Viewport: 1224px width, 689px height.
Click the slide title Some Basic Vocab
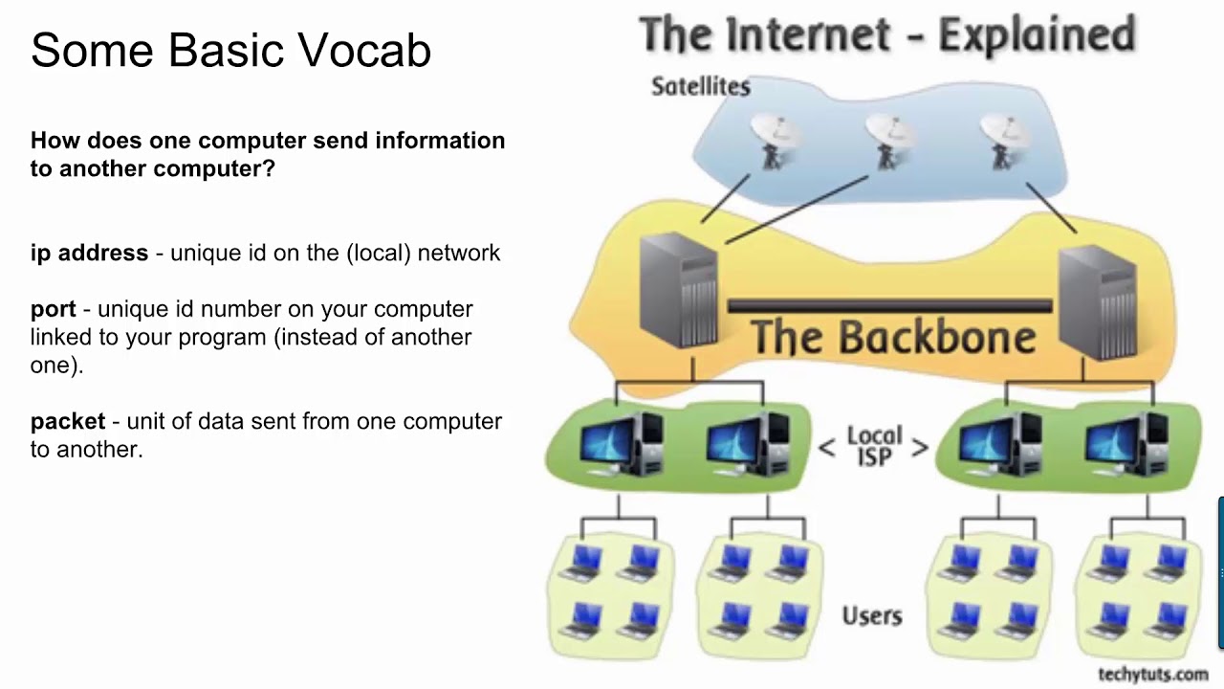click(x=230, y=51)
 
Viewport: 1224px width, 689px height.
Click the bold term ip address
click(x=89, y=253)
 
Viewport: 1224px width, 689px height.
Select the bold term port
click(x=53, y=309)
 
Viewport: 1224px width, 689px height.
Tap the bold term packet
click(x=67, y=421)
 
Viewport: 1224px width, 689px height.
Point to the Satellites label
click(x=700, y=86)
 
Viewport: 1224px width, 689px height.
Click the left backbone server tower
click(x=678, y=291)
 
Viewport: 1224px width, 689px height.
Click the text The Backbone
click(x=892, y=338)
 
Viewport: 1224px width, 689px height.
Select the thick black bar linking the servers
click(x=889, y=306)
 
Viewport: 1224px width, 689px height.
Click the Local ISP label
click(x=874, y=447)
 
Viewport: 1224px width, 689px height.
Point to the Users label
click(x=871, y=615)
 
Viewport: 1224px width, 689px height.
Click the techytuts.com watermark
click(x=1152, y=675)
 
